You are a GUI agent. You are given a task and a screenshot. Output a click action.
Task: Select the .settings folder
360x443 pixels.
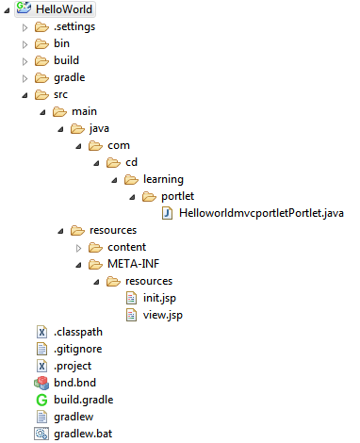(x=74, y=26)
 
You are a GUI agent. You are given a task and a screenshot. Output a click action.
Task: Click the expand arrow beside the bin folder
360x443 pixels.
(x=25, y=43)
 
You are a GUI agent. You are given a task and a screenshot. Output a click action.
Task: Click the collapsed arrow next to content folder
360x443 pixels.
(x=78, y=247)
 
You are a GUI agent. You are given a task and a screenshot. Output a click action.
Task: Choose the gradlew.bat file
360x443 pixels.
(x=83, y=434)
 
